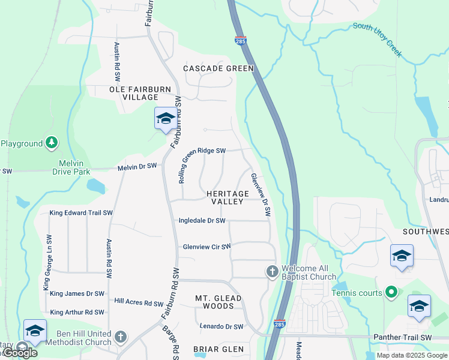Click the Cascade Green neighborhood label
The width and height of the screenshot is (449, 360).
218,68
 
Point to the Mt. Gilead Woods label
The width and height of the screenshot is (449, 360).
218,302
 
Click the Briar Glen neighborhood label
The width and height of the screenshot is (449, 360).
218,349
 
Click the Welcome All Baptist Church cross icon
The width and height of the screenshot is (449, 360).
272,272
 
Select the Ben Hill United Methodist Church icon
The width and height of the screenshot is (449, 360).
121,337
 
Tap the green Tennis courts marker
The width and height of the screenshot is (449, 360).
391,293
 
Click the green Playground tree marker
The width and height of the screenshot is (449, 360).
52,143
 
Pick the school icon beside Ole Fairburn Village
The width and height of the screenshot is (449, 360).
165,119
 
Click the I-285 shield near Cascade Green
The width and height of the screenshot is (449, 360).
240,41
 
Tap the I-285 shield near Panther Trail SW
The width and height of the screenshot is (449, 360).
279,323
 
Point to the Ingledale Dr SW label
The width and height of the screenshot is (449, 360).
202,221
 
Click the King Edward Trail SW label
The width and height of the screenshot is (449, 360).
81,213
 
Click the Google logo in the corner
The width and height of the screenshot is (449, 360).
20,353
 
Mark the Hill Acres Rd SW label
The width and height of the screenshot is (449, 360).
139,304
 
